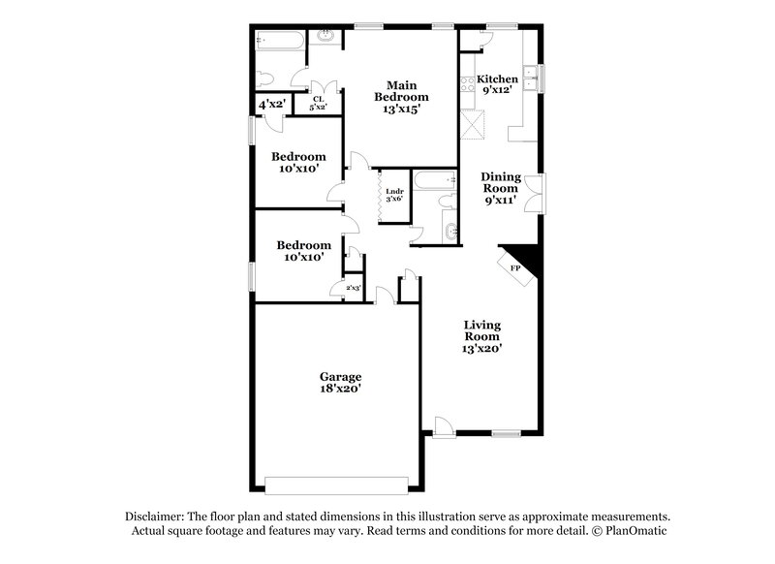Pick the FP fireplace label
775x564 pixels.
(x=515, y=267)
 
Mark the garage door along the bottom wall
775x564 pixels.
(x=339, y=484)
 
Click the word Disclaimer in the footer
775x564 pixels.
(x=156, y=517)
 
